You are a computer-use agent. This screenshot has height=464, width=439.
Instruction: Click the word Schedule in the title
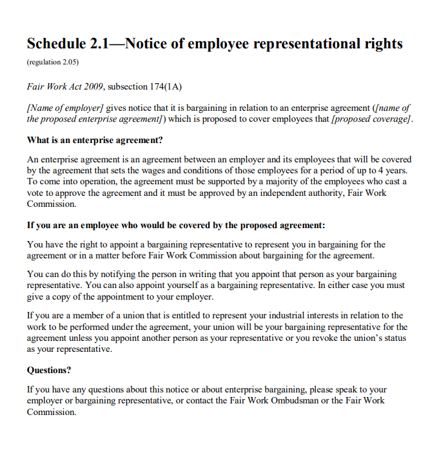click(55, 44)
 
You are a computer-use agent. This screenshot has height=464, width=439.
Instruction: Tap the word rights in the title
click(382, 44)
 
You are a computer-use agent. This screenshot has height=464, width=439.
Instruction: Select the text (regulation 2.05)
click(53, 63)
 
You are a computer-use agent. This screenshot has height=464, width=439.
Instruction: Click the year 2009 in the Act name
click(93, 86)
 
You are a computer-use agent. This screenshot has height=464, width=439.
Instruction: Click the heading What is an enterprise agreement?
click(95, 140)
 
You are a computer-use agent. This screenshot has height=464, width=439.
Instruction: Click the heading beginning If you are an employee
click(176, 226)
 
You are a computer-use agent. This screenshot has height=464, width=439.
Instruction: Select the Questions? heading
click(49, 370)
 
